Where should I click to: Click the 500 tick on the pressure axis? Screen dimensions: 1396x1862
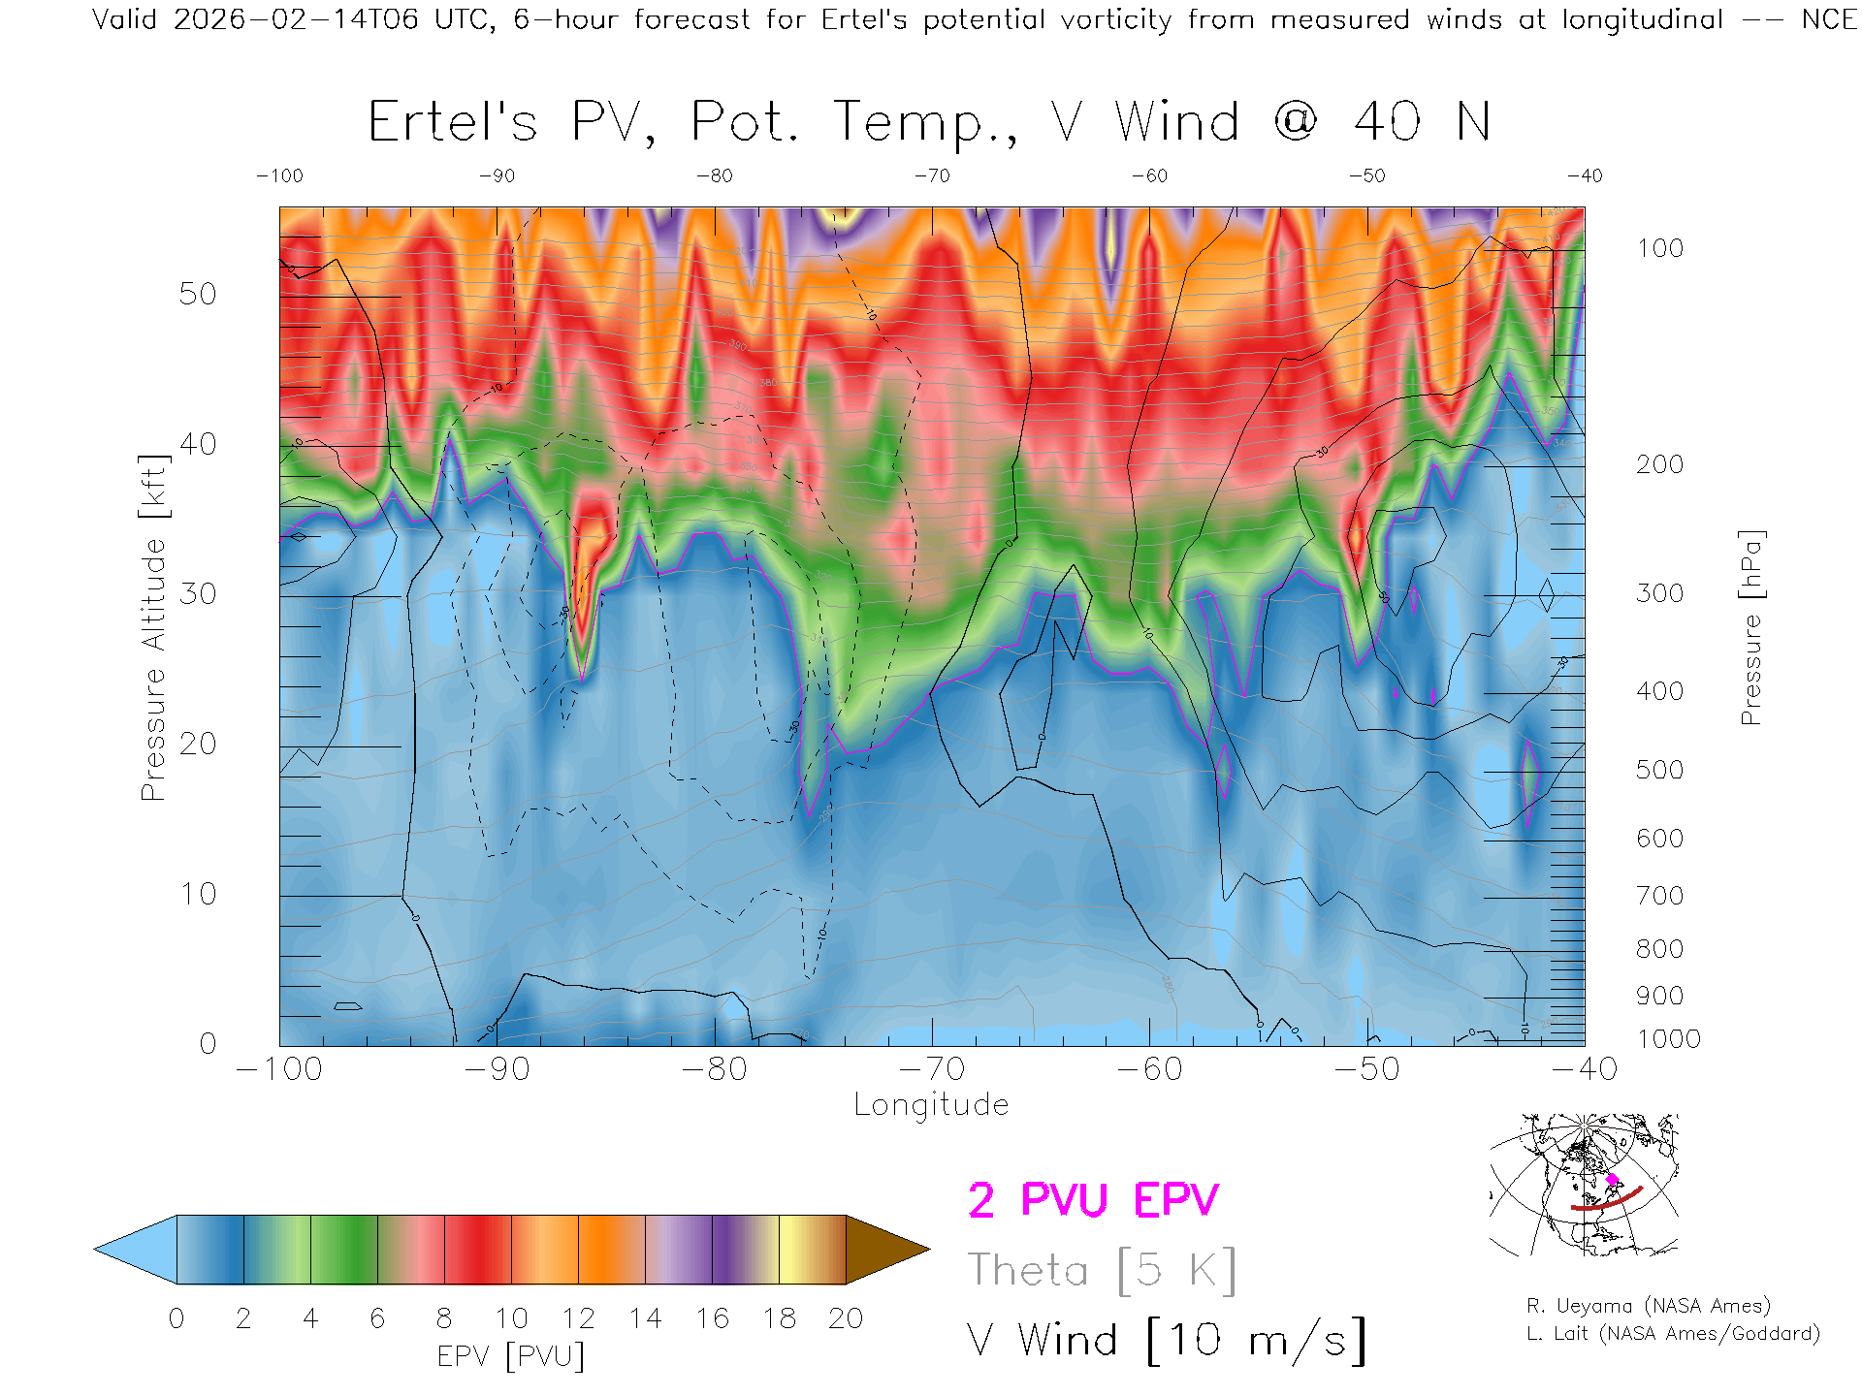point(1659,770)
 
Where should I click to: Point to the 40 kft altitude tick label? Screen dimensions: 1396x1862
point(197,444)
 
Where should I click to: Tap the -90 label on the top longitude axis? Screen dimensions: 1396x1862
point(497,175)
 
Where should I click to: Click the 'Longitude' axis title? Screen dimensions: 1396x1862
point(931,1104)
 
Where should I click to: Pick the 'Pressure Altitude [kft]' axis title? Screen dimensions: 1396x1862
point(153,627)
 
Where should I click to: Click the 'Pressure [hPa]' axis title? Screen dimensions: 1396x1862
point(1751,627)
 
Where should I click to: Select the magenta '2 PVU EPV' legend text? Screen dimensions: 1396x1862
point(1093,1200)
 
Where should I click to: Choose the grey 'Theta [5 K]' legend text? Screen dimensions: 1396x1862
point(1102,1270)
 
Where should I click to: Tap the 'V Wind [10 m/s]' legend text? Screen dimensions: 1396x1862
point(1166,1341)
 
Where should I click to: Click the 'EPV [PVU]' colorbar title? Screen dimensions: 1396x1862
point(511,1356)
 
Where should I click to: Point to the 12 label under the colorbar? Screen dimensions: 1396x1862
point(578,1318)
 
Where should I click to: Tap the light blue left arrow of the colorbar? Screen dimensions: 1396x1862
point(137,1250)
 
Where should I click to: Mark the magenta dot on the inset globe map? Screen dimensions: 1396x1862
point(1612,1179)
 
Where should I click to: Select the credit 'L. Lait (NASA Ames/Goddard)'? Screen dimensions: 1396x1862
point(1673,1333)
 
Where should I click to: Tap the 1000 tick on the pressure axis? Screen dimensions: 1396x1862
point(1668,1039)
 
